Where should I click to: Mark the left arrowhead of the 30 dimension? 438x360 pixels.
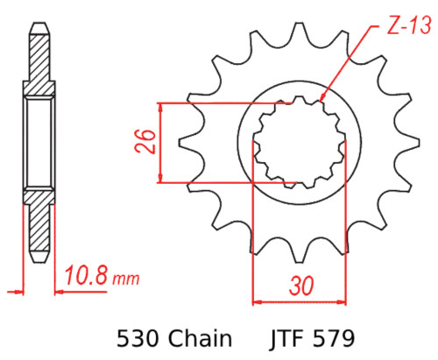[x=256, y=301]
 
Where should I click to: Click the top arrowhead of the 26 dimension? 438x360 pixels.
[x=160, y=106]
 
